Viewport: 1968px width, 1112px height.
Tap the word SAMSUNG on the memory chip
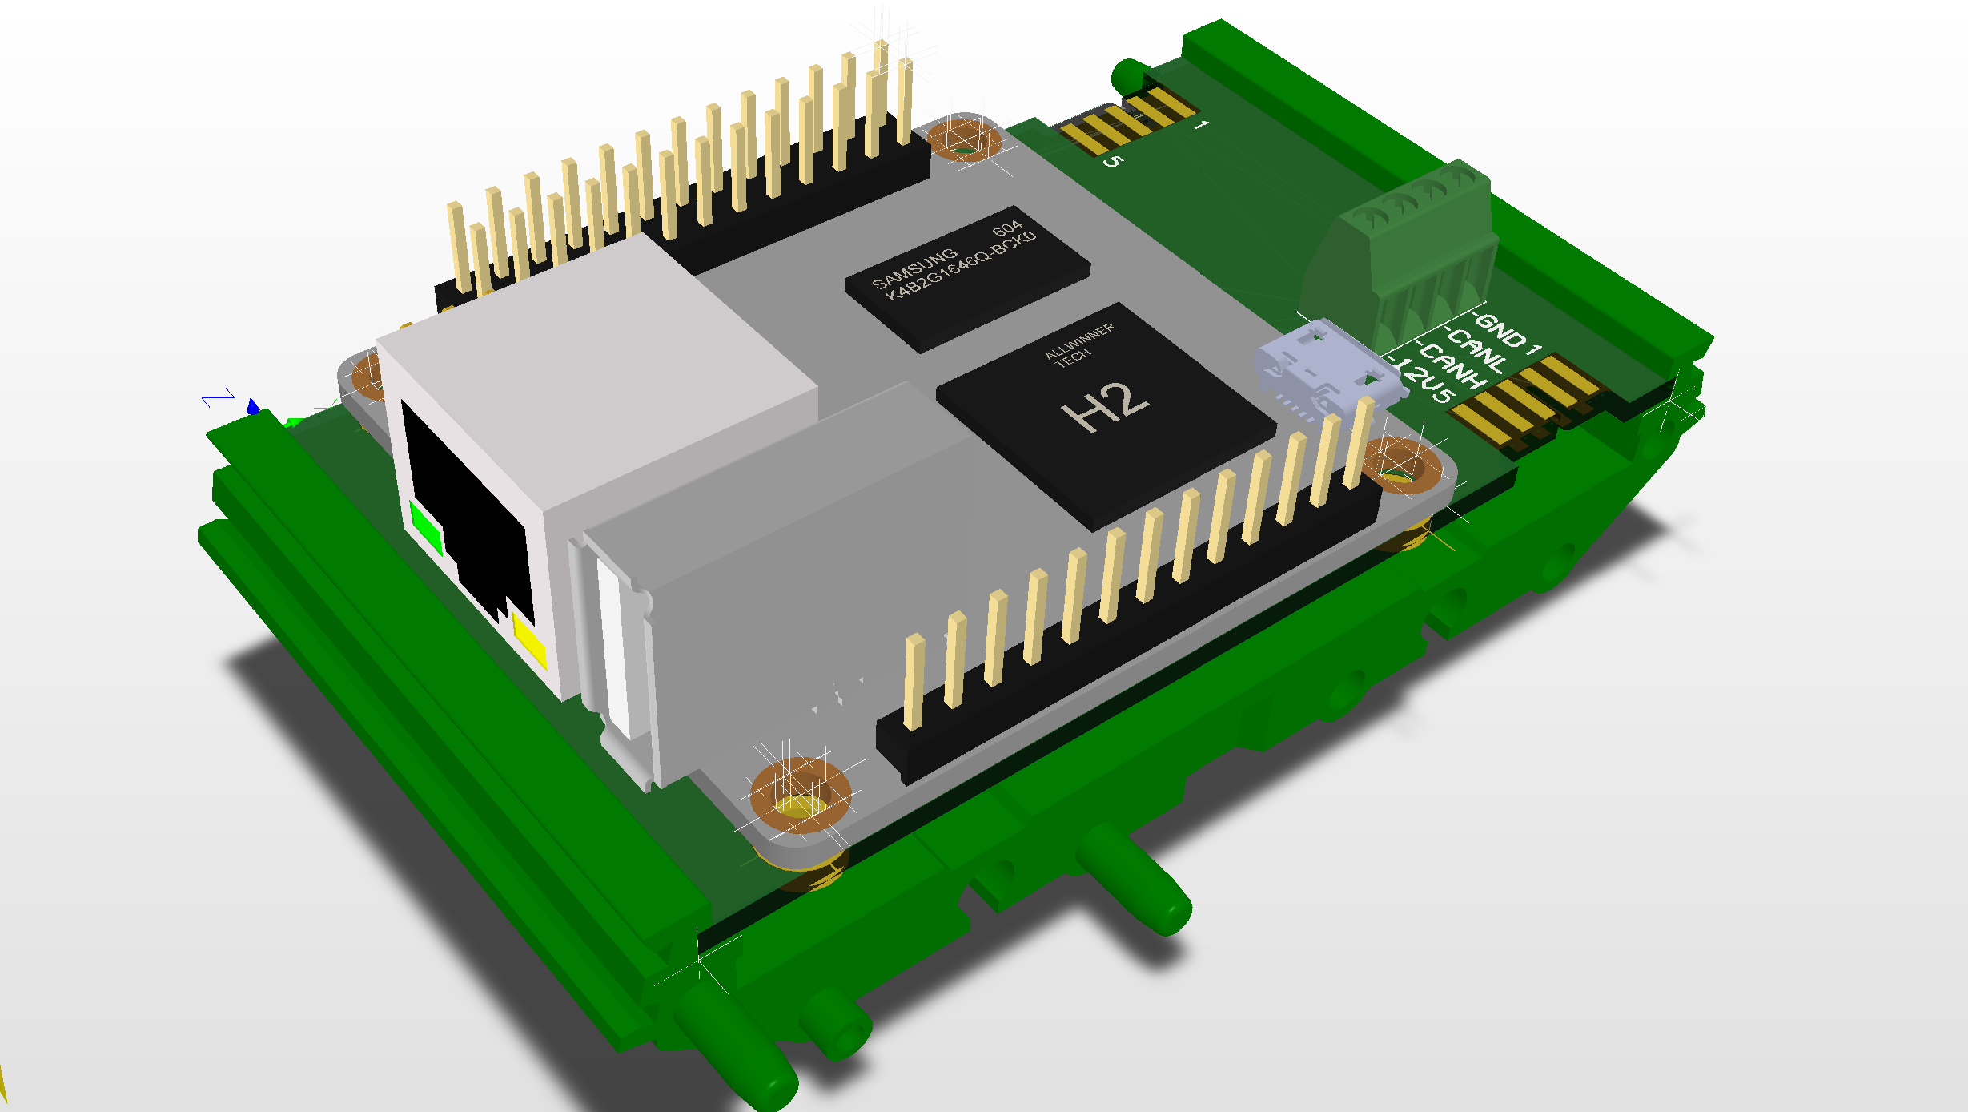(x=914, y=268)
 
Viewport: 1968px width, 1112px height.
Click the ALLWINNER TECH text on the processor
(x=1078, y=344)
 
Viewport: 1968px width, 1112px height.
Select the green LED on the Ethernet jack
(x=425, y=526)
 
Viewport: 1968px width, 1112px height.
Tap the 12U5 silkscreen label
(x=1425, y=383)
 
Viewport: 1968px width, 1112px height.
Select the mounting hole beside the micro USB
(x=1401, y=465)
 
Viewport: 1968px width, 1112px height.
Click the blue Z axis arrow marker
(x=253, y=407)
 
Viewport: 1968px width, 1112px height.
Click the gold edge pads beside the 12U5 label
(x=1521, y=401)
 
